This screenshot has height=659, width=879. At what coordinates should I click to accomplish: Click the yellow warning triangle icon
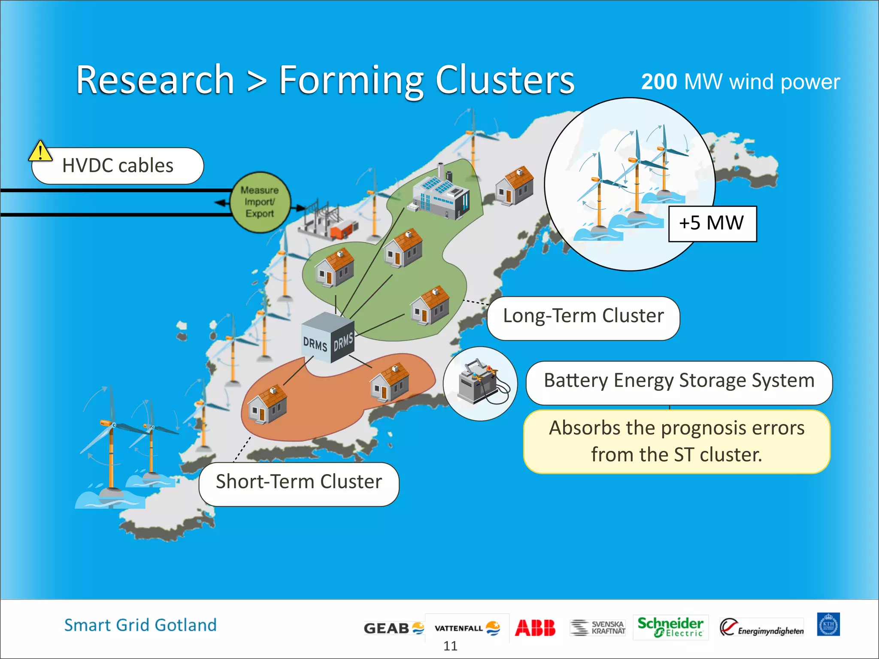(40, 151)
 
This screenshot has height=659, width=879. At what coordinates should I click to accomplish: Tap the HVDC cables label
(118, 166)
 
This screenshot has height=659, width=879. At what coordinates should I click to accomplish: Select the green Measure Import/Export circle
(260, 202)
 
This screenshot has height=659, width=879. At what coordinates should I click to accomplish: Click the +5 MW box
(712, 224)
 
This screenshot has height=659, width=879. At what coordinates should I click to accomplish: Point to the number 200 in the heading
(659, 82)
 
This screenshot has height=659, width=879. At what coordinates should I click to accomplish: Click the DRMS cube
(327, 339)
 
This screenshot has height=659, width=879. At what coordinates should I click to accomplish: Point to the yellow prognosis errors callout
(676, 441)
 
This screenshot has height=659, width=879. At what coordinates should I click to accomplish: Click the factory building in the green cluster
(441, 194)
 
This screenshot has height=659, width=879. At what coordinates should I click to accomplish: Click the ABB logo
(535, 628)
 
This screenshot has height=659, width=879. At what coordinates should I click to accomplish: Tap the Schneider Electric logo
(670, 627)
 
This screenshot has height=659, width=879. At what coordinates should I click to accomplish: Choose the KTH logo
(828, 624)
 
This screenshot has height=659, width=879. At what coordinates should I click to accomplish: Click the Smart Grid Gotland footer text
(140, 625)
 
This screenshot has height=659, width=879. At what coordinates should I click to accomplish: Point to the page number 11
(450, 646)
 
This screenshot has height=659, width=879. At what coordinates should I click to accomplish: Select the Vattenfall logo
(467, 628)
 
